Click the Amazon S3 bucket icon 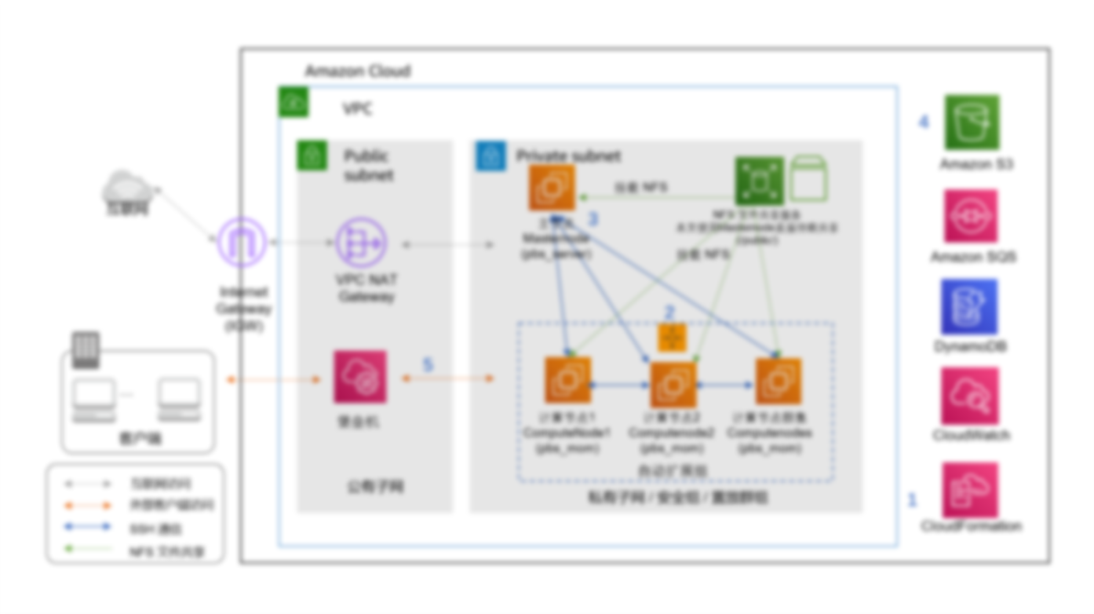[971, 122]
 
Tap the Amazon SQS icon [971, 216]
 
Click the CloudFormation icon [970, 489]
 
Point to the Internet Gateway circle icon [241, 243]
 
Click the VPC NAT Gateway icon [361, 243]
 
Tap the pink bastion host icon [360, 377]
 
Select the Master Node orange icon [552, 188]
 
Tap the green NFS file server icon [760, 180]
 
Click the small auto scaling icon [673, 338]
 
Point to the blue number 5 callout [428, 365]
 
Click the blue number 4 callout [924, 122]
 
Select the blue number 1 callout [912, 500]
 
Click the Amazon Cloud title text [357, 71]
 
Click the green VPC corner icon [293, 102]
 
